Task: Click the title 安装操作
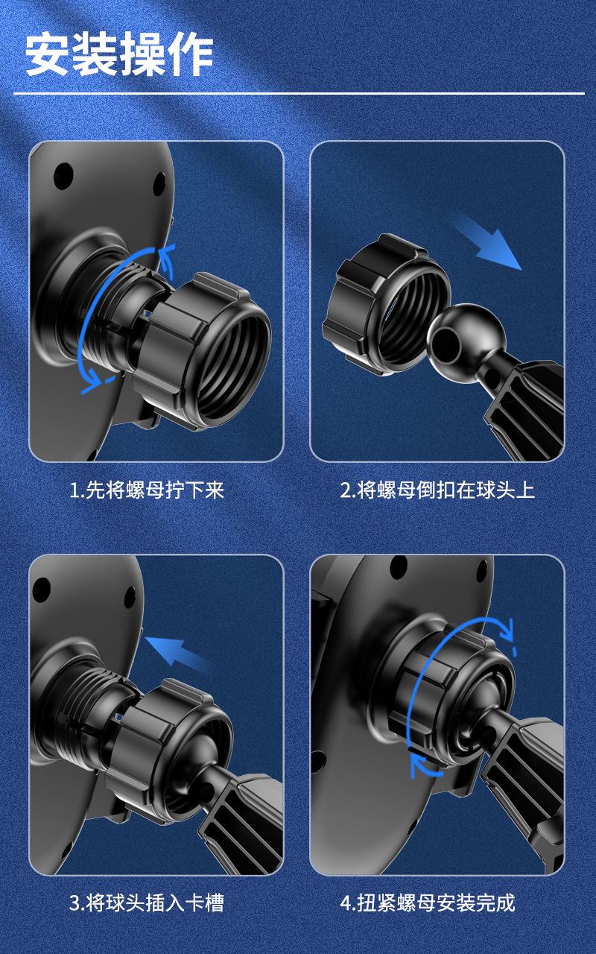point(119,55)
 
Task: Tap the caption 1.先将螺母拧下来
point(147,490)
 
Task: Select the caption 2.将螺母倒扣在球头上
point(437,490)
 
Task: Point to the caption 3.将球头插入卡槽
point(147,903)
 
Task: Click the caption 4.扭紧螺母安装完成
point(428,903)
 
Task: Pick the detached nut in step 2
point(385,305)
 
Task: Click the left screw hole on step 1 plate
point(63,175)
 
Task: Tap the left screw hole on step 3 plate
point(41,590)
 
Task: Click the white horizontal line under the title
point(299,93)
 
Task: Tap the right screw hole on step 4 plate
point(481,572)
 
